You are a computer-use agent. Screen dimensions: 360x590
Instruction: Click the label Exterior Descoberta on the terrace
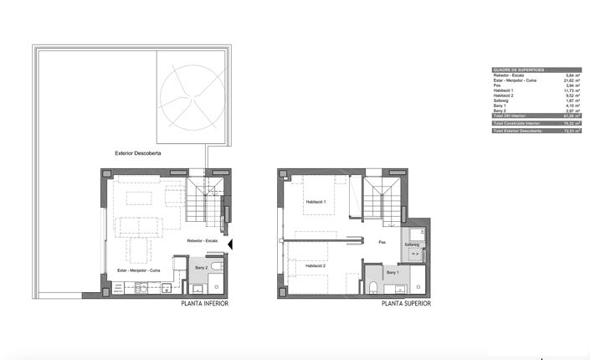[138, 154]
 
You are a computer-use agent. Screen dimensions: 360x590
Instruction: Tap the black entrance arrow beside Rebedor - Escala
[232, 244]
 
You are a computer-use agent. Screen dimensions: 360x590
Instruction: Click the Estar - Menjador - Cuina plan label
[139, 270]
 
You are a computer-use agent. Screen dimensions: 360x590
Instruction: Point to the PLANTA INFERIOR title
[204, 304]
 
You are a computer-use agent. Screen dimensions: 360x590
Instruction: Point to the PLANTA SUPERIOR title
[406, 304]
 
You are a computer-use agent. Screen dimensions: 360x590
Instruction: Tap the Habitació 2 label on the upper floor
[316, 265]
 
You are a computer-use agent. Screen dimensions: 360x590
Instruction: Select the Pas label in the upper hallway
[382, 243]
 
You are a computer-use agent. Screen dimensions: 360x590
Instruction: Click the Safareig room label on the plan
[412, 244]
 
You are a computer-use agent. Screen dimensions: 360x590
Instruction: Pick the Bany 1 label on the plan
[392, 273]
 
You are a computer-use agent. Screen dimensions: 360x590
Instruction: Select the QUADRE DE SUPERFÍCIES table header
[517, 70]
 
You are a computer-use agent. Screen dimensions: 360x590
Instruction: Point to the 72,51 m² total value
[572, 131]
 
